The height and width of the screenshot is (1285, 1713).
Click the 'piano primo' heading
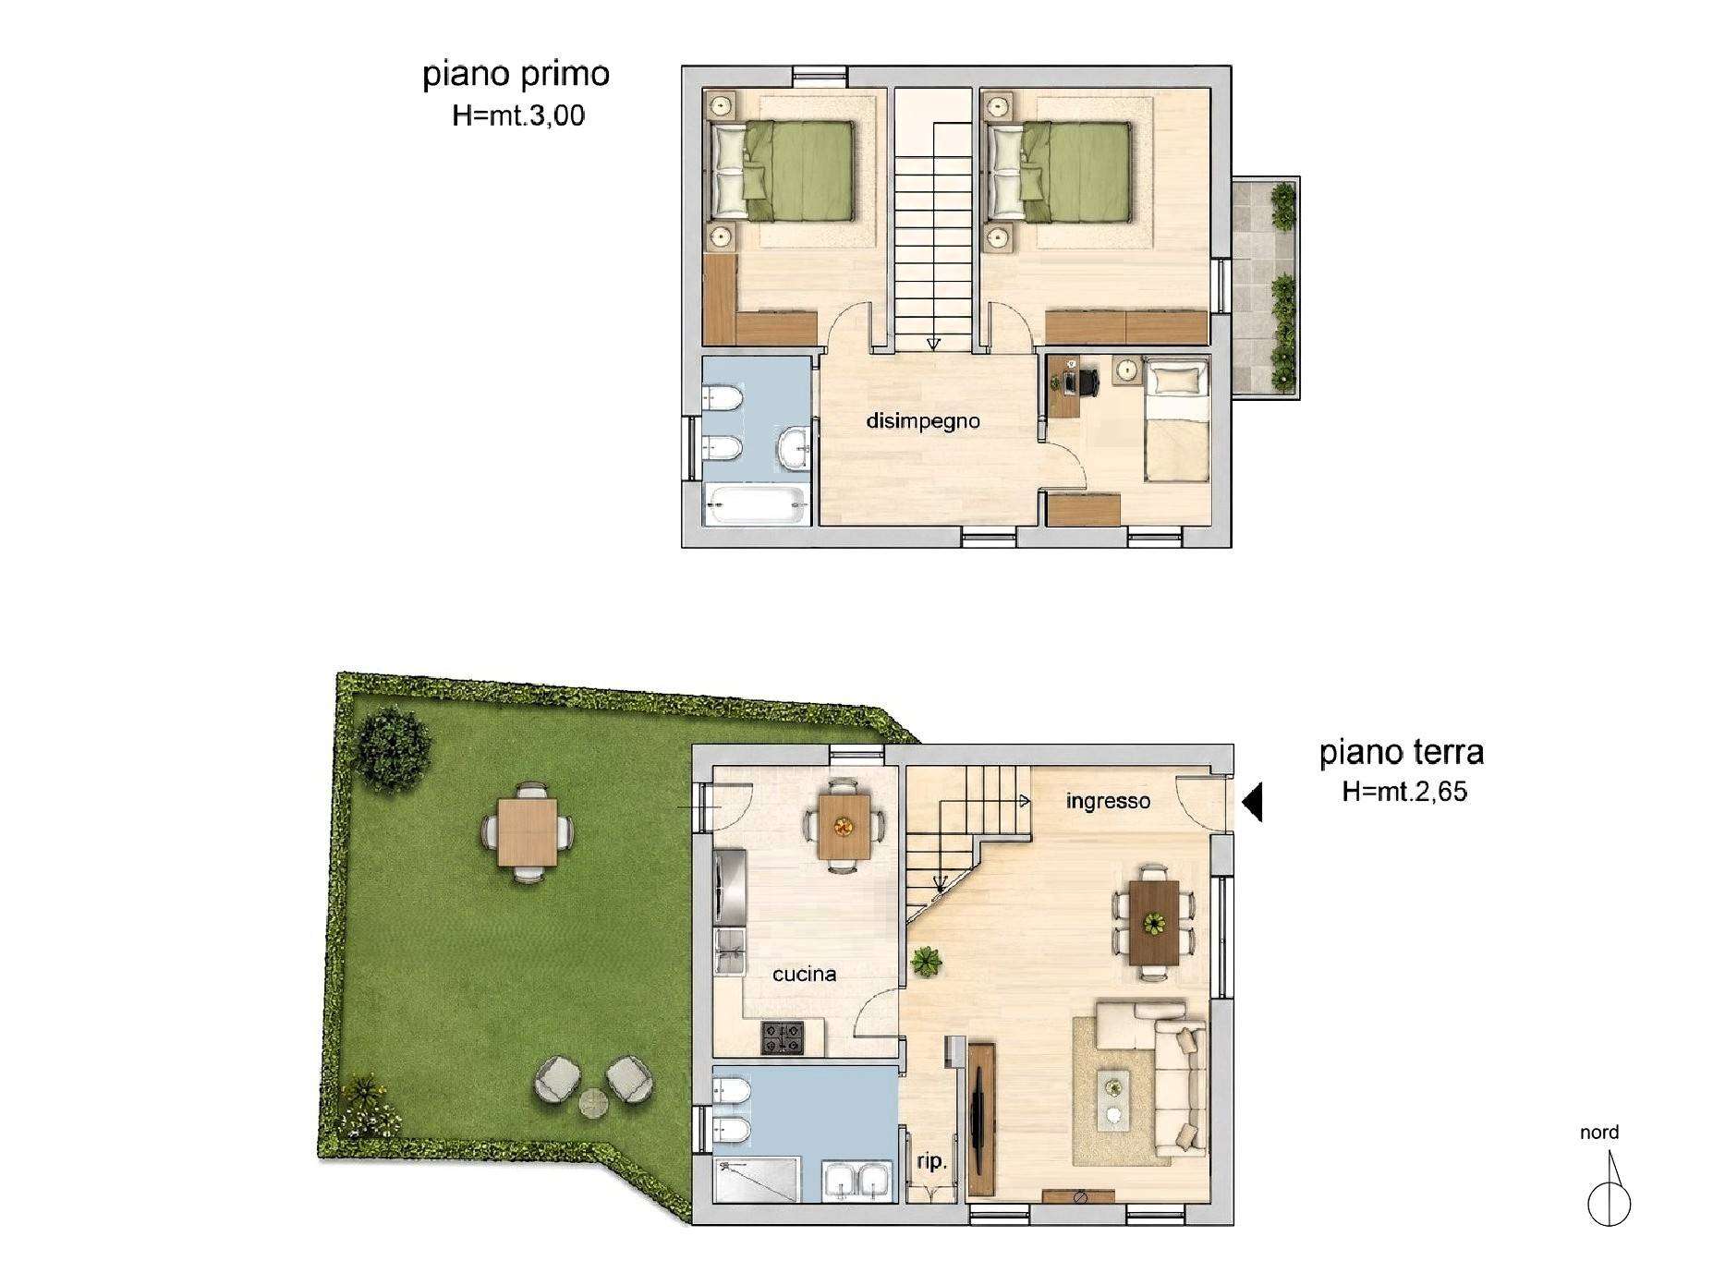coord(516,75)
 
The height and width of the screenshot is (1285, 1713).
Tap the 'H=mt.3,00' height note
coord(518,115)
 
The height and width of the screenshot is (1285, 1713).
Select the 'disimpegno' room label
coord(922,422)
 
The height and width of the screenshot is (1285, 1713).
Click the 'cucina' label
coord(804,974)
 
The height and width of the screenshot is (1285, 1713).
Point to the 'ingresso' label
coord(1108,801)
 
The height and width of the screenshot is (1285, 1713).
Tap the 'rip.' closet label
coord(932,1163)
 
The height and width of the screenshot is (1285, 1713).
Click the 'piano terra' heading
coord(1401,752)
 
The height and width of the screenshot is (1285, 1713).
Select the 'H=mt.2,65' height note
coord(1403,792)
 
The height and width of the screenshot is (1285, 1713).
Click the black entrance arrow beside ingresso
coord(1252,802)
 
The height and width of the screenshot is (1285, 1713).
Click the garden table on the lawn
coord(527,832)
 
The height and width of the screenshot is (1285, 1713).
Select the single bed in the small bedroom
coord(1176,421)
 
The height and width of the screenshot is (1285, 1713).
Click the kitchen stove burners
coord(784,1037)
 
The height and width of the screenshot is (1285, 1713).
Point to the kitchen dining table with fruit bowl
coord(844,826)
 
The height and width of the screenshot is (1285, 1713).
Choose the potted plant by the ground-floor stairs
coord(925,962)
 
